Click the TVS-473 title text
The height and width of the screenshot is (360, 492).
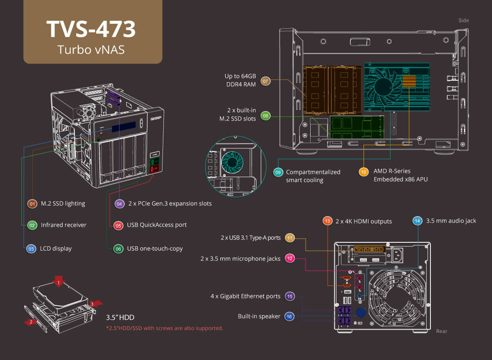click(91, 29)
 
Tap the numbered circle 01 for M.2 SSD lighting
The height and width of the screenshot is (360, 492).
click(32, 203)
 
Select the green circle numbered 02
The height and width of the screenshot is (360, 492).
click(32, 225)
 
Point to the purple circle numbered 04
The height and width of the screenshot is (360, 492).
click(119, 203)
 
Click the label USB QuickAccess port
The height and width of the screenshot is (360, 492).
click(157, 225)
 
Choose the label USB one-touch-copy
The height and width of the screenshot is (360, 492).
click(155, 248)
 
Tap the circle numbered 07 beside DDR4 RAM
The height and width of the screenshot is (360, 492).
click(266, 81)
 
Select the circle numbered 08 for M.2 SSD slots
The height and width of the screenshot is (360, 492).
click(266, 116)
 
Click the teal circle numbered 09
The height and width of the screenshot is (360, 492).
click(278, 173)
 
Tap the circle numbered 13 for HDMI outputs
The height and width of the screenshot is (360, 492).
click(327, 221)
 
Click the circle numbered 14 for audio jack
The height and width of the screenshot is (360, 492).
click(417, 221)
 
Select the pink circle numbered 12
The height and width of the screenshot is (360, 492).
click(290, 259)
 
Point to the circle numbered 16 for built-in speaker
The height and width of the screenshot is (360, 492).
click(289, 317)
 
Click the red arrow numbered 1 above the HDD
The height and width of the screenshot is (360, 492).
click(59, 282)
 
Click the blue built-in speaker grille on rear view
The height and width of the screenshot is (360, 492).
click(360, 312)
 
